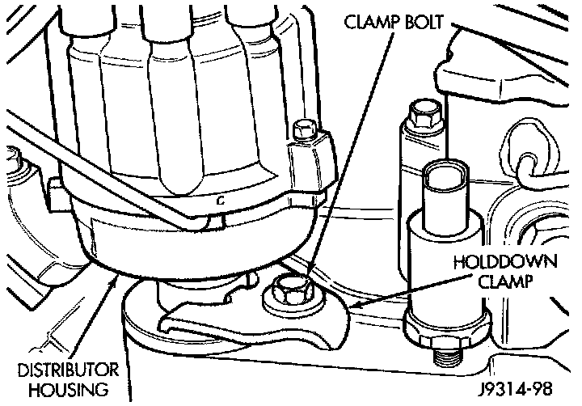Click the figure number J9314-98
click(514, 390)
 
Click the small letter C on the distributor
click(219, 197)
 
